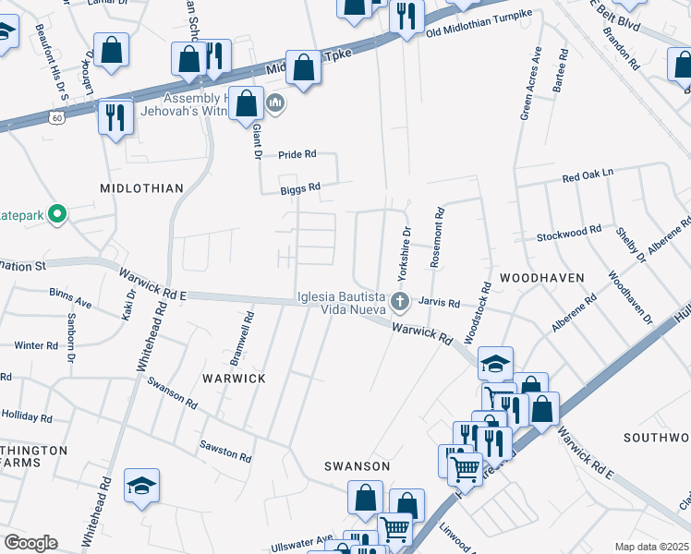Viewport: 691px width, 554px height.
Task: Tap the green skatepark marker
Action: [x=57, y=215]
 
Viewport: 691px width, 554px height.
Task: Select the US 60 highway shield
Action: [x=58, y=118]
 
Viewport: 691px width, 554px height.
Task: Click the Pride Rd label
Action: [x=297, y=154]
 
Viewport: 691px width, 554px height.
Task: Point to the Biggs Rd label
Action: [x=301, y=187]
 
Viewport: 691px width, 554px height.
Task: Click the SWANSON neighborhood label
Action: [x=356, y=466]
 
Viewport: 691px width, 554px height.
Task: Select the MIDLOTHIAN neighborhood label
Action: [x=142, y=188]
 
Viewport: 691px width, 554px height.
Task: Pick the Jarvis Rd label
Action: [x=439, y=302]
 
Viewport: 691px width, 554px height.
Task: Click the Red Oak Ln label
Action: [x=588, y=175]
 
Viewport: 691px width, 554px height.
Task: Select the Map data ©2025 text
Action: [x=650, y=547]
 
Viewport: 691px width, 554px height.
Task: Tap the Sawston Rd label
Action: [x=225, y=451]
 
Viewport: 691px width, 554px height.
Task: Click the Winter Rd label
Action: [x=36, y=345]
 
